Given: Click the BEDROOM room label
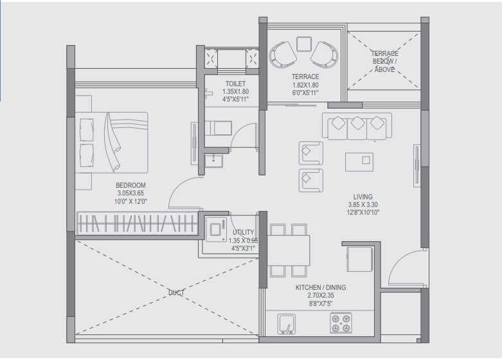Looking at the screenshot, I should [x=130, y=185].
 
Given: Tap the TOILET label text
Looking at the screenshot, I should [x=235, y=84].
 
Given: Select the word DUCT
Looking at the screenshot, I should [x=176, y=292].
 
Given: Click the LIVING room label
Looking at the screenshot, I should [x=363, y=197].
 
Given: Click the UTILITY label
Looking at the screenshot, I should [x=243, y=232].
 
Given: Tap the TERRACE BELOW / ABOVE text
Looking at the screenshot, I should [x=384, y=62].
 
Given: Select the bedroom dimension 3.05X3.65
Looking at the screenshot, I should [x=130, y=193].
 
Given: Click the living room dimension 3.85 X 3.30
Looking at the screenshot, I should [x=363, y=205].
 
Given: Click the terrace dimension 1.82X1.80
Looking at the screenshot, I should [x=305, y=85].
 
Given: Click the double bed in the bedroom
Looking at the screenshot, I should [x=112, y=142].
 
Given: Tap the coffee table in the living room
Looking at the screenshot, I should [x=359, y=161].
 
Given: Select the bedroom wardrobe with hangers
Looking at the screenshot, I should [x=136, y=223].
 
